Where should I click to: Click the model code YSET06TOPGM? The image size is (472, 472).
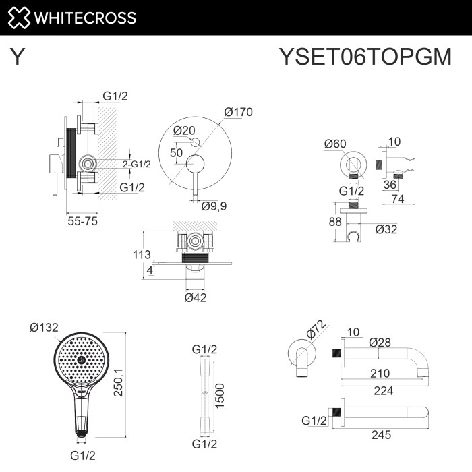click(x=365, y=57)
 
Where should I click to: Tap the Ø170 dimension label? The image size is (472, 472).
click(x=238, y=113)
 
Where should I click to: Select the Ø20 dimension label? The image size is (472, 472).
click(x=184, y=130)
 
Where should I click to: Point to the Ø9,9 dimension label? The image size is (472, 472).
click(x=214, y=206)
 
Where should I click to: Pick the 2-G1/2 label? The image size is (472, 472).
click(x=137, y=164)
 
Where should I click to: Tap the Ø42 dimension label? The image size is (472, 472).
click(x=196, y=297)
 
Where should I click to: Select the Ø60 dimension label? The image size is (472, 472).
click(x=335, y=143)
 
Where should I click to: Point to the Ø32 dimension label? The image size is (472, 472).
click(x=386, y=229)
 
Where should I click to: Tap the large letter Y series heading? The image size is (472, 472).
click(x=18, y=57)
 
